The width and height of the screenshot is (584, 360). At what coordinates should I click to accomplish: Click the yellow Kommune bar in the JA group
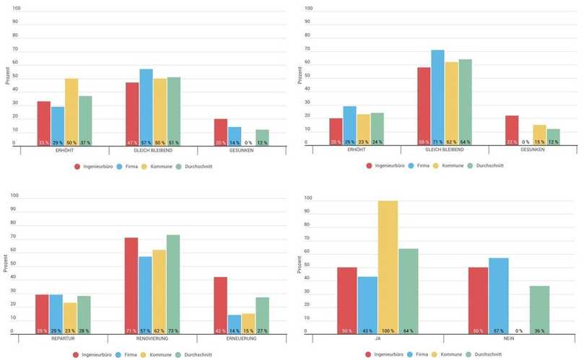click(x=388, y=268)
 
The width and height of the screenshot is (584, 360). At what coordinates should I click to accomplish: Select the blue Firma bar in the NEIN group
click(x=499, y=296)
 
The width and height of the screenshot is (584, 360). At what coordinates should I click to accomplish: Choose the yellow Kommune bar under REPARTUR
click(x=70, y=318)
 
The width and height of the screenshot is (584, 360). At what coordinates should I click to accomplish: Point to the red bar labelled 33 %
click(x=43, y=123)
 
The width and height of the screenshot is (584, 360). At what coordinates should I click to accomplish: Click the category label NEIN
click(x=509, y=338)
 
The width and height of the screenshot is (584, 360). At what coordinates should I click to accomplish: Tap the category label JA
click(x=377, y=338)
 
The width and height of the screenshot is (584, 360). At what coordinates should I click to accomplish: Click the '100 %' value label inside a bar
click(x=388, y=330)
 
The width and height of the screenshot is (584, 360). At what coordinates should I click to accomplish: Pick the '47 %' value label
click(x=132, y=143)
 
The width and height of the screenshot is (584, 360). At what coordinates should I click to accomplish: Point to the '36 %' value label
click(x=539, y=330)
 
